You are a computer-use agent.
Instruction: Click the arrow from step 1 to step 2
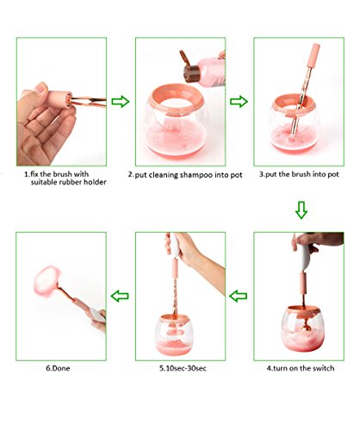pos(121,102)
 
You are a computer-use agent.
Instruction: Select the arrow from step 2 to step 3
pos(239,102)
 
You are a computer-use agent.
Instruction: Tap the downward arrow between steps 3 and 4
pos(301,210)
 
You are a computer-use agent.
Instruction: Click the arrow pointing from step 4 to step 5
pos(238,296)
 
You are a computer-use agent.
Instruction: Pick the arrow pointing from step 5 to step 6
pos(120,296)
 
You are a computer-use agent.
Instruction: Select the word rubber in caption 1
pos(71,182)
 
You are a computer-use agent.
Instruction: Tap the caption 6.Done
pos(58,368)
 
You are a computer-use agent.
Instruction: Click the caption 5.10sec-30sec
pos(183,368)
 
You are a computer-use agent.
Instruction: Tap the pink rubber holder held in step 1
pos(59,99)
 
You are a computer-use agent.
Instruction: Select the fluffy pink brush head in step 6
pos(47,282)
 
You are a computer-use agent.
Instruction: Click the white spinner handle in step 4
pos(301,255)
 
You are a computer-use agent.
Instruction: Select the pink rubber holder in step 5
pos(175,268)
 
